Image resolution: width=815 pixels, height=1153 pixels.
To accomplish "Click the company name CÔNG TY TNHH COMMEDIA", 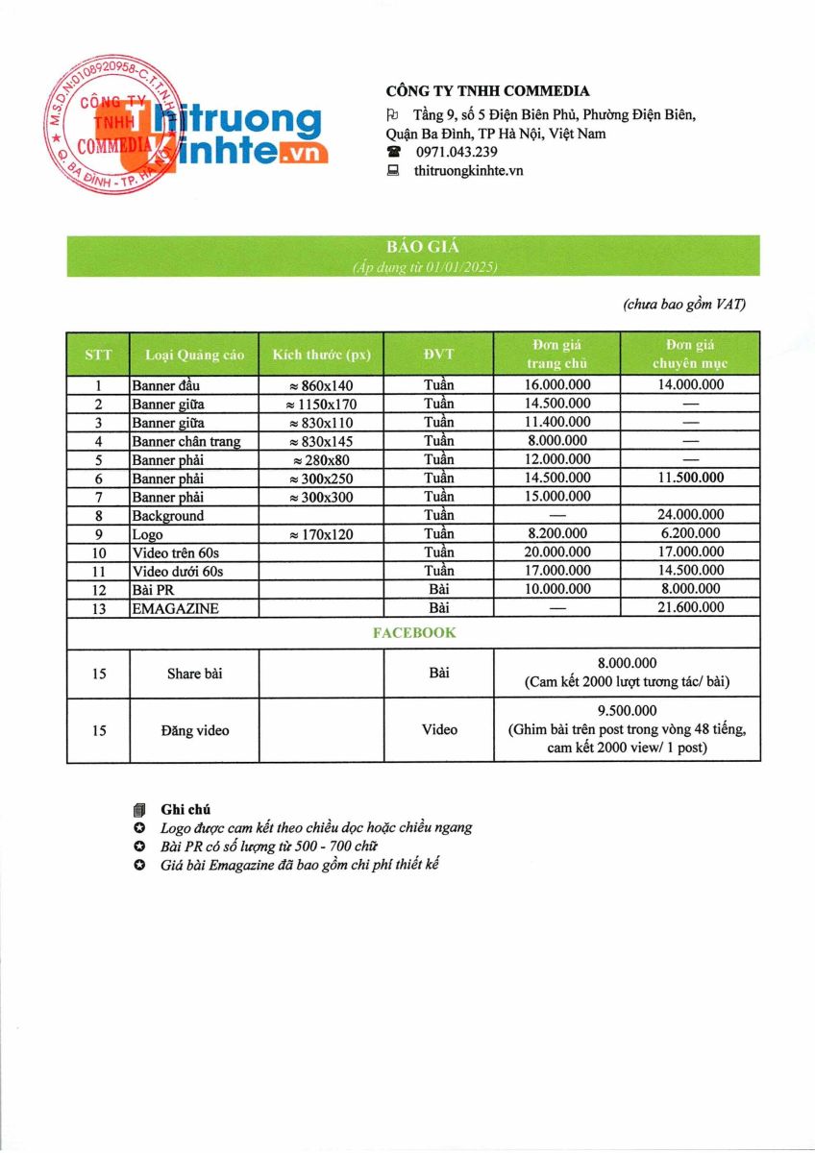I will pos(487,91).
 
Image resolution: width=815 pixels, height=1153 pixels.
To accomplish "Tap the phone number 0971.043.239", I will pos(457,152).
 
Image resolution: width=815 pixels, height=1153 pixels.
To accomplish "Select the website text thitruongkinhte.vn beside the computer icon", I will pos(468,170).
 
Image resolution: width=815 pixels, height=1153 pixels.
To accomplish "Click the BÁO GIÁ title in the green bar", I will pos(413,247).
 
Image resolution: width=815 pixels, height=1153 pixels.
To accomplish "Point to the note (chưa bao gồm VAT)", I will pos(683,305).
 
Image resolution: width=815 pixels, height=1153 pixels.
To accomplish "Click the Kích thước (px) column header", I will pos(321,355).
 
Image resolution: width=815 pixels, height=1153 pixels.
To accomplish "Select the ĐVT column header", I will pos(438,354).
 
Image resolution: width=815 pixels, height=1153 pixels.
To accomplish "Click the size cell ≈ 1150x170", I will pos(321,405).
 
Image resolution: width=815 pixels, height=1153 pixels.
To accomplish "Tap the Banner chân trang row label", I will pos(186,441).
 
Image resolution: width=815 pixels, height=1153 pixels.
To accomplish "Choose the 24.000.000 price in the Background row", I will pos(687,515).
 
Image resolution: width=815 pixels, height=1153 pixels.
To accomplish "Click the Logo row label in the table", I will pos(148,534).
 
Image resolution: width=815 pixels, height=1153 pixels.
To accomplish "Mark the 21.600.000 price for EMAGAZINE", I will pos(687,608).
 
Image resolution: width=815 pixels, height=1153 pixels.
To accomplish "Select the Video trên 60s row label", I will pos(179,552).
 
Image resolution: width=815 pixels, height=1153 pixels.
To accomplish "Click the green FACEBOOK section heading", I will pos(413,633).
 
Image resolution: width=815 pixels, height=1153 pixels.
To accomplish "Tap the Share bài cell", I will pos(194,674).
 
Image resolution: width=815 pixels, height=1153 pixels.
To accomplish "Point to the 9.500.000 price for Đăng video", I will pos(626,711).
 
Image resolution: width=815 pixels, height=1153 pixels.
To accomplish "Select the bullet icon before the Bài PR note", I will pos(140,846).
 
